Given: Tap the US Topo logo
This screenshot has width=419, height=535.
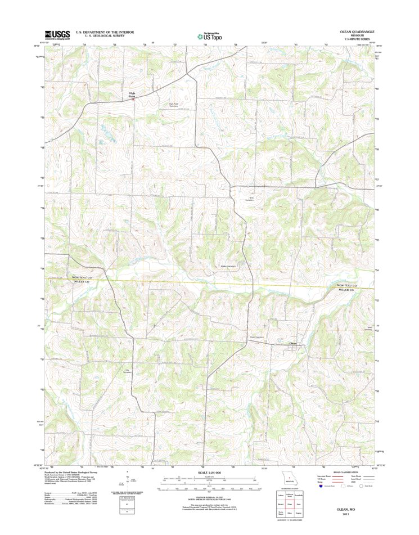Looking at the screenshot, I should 209,37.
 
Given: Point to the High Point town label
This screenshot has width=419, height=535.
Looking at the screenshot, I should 132,95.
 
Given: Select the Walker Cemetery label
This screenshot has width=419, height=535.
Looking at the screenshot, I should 227,266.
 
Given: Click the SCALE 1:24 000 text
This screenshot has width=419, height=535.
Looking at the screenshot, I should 209,474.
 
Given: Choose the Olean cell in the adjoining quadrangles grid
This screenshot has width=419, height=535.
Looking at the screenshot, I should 290,505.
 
